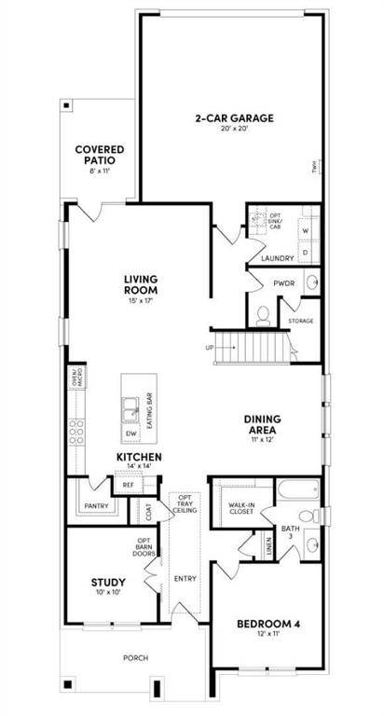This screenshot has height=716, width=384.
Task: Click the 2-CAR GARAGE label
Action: tap(234, 118)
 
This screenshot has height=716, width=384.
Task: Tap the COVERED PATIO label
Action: tap(100, 155)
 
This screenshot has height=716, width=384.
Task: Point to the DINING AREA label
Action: tap(270, 424)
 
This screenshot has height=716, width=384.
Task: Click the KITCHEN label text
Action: tap(140, 457)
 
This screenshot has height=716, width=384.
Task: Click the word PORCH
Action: tap(136, 658)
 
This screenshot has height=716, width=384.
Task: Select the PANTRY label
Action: tap(96, 506)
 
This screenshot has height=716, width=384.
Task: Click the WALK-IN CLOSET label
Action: tap(241, 507)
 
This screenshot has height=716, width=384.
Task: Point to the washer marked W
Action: tap(305, 229)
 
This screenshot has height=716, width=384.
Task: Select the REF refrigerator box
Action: tap(127, 485)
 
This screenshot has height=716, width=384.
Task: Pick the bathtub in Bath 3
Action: tap(297, 490)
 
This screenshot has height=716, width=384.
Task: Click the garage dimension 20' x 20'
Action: tap(234, 130)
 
